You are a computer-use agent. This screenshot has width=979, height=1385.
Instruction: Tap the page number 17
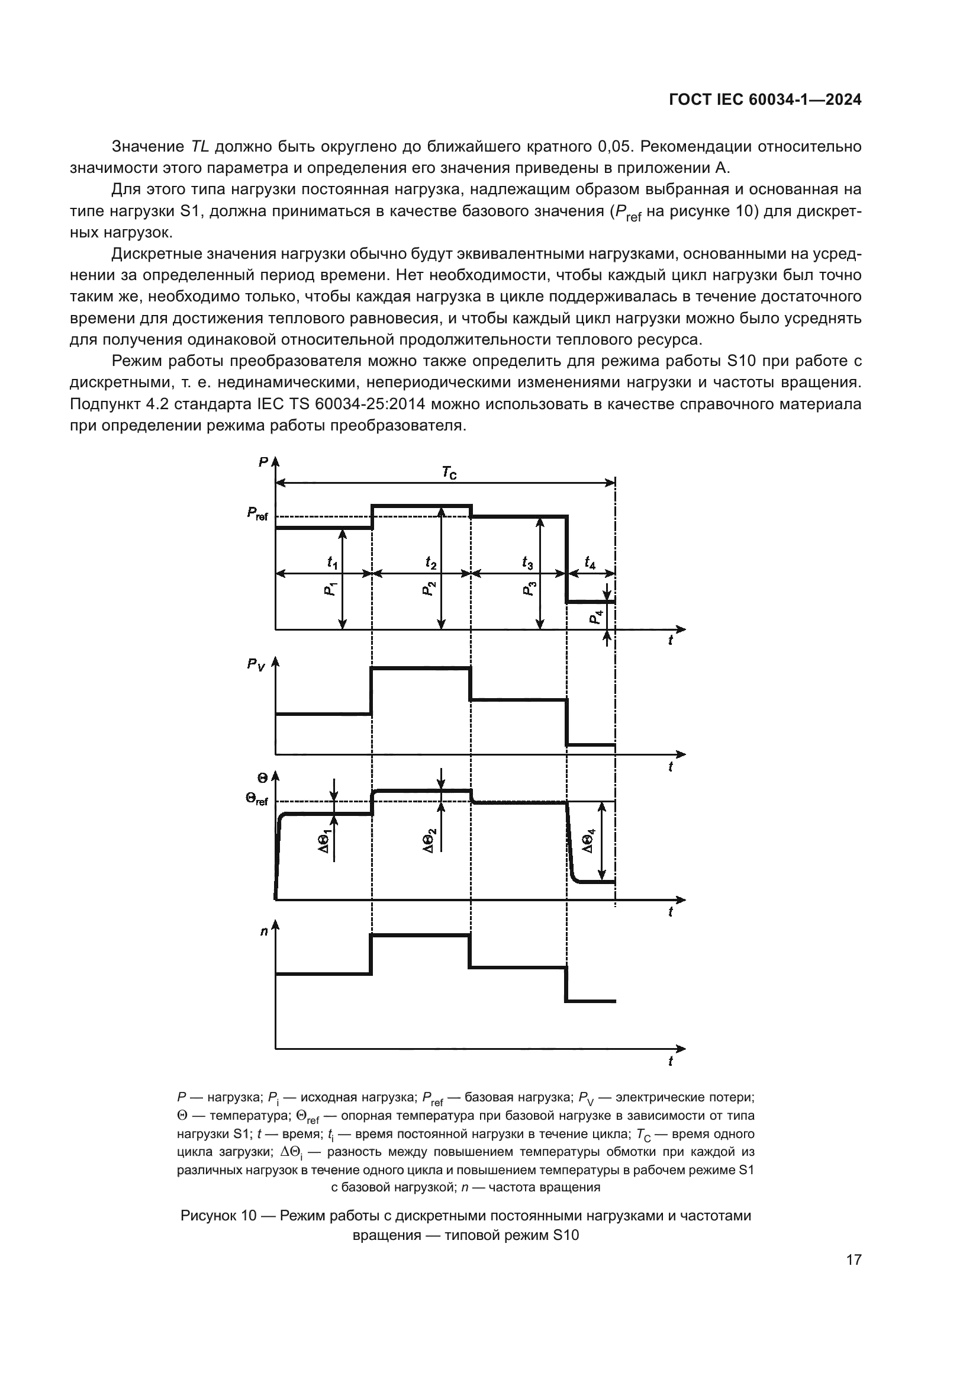[x=854, y=1259]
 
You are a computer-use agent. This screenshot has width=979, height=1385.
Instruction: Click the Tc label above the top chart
[x=449, y=473]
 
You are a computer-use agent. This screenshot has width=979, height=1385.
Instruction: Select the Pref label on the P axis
[x=257, y=514]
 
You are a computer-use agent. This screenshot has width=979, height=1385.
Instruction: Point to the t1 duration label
[x=332, y=562]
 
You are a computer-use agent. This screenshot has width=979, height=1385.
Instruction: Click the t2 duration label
[x=430, y=562]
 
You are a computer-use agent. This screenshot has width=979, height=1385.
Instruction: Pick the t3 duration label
[x=527, y=562]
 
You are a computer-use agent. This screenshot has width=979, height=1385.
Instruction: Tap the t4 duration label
[x=590, y=562]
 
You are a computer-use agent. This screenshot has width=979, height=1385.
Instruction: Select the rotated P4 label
[x=595, y=617]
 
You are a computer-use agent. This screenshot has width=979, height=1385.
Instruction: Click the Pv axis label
[x=256, y=665]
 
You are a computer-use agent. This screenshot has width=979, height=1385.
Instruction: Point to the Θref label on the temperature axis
[x=256, y=799]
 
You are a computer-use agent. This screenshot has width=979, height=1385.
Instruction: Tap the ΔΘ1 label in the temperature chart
[x=325, y=841]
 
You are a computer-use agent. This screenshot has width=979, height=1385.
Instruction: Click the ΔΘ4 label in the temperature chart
[x=588, y=841]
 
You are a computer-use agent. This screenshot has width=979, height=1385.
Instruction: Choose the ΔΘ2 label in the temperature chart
[x=429, y=841]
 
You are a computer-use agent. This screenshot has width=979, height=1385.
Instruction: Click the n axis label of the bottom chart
[x=264, y=931]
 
